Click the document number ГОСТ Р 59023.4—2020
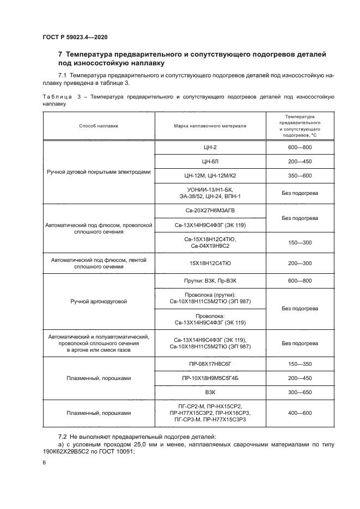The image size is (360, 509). (75, 38)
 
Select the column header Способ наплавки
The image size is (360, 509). (99, 126)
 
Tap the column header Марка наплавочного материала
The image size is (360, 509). (210, 126)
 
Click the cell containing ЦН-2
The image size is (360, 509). (210, 148)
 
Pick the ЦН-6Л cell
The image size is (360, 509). (210, 162)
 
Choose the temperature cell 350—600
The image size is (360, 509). (300, 176)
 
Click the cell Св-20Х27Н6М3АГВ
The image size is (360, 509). (210, 210)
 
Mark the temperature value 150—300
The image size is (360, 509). (300, 242)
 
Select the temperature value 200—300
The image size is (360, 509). (300, 263)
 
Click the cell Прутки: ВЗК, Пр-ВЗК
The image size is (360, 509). (210, 280)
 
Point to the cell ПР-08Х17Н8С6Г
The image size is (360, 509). (210, 364)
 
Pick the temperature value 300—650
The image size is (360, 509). (300, 392)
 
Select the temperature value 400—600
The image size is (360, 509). (300, 413)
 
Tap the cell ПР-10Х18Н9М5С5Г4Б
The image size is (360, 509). (210, 378)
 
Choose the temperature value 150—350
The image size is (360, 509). (300, 364)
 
